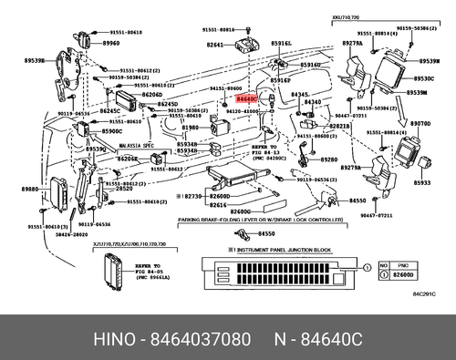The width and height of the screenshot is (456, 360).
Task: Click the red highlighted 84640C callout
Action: (x=246, y=96)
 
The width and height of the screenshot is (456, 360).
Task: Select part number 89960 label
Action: (x=111, y=43)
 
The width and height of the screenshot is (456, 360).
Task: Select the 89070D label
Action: (x=420, y=121)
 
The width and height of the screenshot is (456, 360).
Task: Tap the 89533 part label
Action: (x=421, y=182)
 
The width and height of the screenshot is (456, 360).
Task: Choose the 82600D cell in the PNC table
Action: (x=401, y=273)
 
